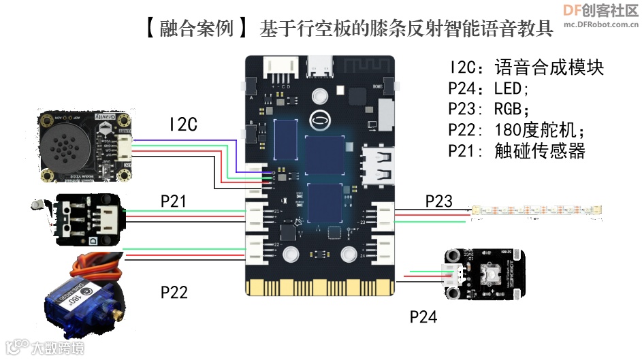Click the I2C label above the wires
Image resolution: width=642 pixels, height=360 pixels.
point(182,125)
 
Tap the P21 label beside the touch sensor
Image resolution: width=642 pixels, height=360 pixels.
point(173,201)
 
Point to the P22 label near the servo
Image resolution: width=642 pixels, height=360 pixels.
point(174,292)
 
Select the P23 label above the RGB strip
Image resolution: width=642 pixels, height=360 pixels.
point(438,201)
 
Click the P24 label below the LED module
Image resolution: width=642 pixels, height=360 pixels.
point(423,316)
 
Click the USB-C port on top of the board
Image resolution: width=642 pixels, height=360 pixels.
point(320,67)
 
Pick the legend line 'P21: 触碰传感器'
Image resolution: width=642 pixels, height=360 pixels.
point(517,151)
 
